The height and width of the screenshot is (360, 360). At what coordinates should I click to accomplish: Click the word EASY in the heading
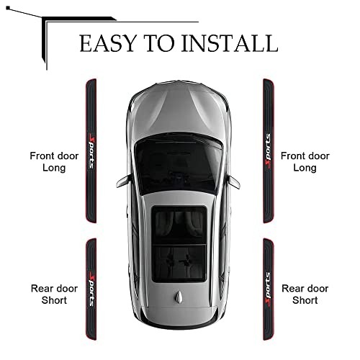point(108,43)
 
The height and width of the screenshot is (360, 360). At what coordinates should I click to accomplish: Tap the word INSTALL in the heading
point(230,43)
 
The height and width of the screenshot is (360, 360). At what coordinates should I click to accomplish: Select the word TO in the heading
point(160,43)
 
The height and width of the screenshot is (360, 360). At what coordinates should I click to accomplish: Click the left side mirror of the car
point(124,181)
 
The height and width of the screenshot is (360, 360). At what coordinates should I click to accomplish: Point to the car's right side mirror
point(233,182)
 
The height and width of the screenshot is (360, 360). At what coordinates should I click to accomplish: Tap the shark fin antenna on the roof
point(179,297)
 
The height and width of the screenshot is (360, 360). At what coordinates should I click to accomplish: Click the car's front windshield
point(179,164)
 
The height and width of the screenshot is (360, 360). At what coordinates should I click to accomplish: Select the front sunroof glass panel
point(179,225)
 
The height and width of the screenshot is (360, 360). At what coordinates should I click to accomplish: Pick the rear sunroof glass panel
point(179,264)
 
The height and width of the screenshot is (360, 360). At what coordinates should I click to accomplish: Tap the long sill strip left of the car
point(91,150)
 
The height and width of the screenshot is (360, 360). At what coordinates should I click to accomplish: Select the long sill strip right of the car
point(269,150)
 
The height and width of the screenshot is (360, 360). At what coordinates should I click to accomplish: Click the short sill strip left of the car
point(91,289)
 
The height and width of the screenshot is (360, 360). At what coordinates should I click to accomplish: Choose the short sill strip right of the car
point(269,289)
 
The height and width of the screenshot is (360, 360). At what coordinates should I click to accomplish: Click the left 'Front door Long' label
point(54,162)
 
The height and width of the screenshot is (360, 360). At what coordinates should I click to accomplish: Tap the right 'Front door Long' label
point(305,162)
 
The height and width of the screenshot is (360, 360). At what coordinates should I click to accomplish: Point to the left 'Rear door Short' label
point(54,294)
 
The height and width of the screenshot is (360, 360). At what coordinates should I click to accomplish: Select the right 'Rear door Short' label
point(305,294)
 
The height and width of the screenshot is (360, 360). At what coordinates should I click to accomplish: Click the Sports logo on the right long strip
point(268,150)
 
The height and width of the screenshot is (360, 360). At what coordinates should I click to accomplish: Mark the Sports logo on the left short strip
point(92,289)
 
